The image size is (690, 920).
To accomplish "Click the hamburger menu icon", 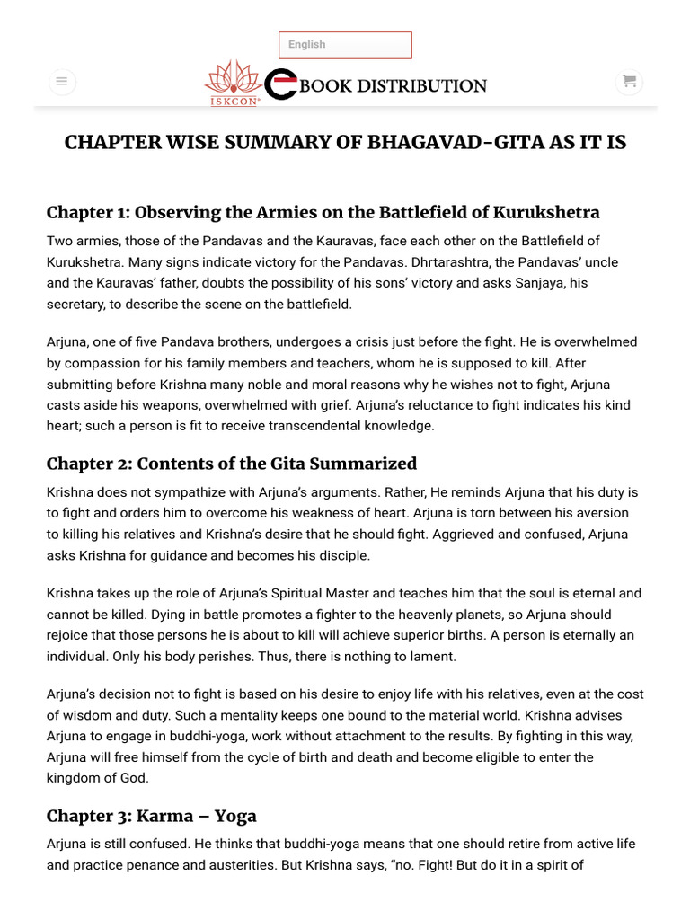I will (61, 82).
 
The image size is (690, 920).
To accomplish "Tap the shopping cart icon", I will (629, 82).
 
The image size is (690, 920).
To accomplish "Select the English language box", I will (345, 45).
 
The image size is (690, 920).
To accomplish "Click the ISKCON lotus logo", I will (233, 82).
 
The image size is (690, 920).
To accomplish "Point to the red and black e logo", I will (281, 84).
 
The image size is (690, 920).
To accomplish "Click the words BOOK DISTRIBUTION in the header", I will (394, 86).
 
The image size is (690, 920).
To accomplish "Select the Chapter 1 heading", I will (323, 213).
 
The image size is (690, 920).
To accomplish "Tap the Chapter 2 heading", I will (232, 464).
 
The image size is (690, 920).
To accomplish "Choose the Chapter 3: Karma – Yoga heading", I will (152, 816).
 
